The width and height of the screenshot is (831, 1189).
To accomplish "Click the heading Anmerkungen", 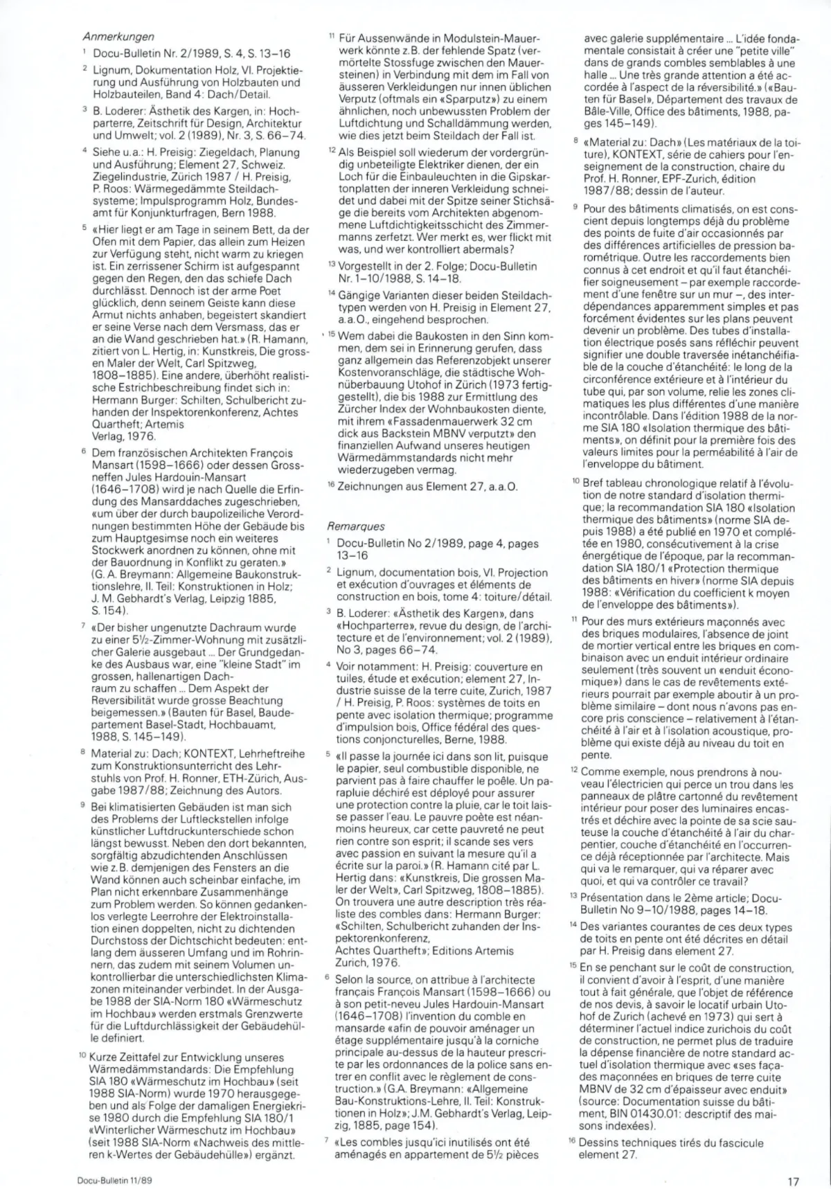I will pos(118,37).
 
